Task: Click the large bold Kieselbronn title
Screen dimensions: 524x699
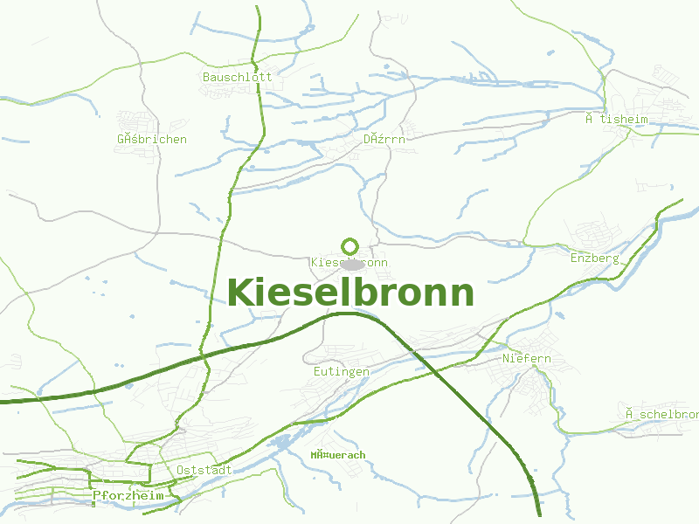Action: click(x=350, y=293)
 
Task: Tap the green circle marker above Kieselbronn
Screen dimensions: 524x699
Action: click(x=350, y=246)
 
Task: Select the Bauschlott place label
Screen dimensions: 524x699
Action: click(x=237, y=77)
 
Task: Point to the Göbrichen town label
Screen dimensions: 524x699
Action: click(x=151, y=139)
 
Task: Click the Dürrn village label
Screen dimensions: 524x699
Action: click(x=384, y=139)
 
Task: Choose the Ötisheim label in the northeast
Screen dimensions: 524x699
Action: click(x=617, y=119)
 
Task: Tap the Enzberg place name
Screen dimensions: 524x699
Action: click(x=594, y=259)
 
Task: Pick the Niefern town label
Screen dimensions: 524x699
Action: click(x=526, y=359)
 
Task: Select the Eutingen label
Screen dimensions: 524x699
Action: click(x=341, y=371)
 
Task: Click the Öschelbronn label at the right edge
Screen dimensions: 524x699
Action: click(x=661, y=413)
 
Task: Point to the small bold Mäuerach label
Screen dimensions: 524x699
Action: click(x=337, y=455)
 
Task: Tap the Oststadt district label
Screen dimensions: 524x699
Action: click(x=204, y=470)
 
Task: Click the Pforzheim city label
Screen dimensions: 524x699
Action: click(x=128, y=495)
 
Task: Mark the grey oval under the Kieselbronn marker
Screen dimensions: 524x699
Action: click(x=351, y=264)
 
